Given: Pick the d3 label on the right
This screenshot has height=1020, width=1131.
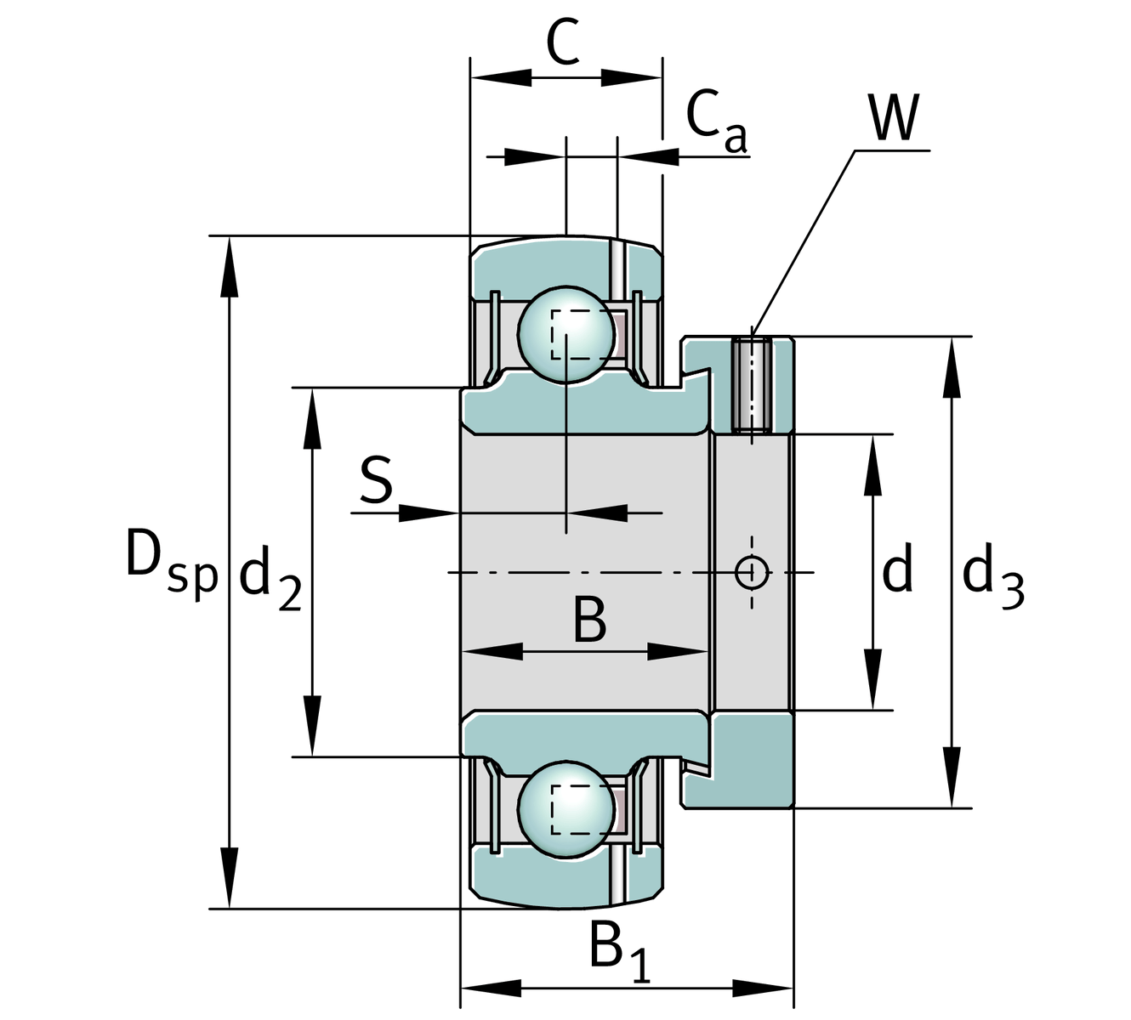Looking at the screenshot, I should click(x=992, y=576).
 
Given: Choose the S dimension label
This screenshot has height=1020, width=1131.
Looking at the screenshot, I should click(x=376, y=480).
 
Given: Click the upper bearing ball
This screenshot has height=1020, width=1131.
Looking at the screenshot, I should click(x=565, y=334).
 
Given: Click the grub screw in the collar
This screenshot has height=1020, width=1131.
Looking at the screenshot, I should click(x=752, y=384).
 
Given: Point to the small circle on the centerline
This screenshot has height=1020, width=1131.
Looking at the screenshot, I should click(x=752, y=572).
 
